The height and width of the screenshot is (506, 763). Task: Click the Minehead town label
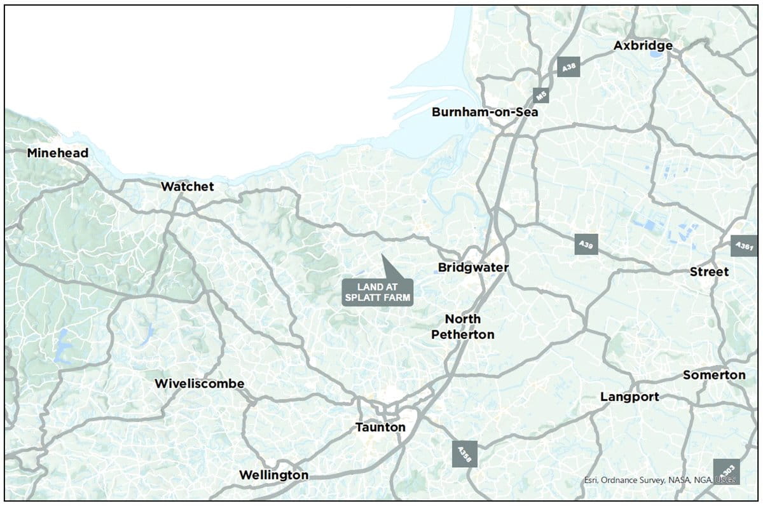point(58,153)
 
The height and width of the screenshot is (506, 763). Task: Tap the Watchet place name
point(188,186)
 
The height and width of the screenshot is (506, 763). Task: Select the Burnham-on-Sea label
point(485,113)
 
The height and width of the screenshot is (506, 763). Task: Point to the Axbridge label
point(643,46)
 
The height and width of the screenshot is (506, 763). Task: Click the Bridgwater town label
point(474,268)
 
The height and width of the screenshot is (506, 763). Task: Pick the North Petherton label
point(463,326)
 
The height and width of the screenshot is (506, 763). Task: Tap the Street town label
point(710,271)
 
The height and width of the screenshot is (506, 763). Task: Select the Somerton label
point(714,375)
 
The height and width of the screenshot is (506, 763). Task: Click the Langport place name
point(630,397)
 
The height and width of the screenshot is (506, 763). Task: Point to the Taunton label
point(380,427)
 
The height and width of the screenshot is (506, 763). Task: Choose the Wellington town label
point(273,475)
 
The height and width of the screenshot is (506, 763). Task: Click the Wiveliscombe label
point(200,384)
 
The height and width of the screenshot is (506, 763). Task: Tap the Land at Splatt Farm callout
point(378,292)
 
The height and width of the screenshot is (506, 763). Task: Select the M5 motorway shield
point(541,96)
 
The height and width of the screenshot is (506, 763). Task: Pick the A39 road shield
point(586,244)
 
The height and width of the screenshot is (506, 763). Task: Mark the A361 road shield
point(743,245)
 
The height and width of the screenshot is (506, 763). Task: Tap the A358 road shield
point(464,455)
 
